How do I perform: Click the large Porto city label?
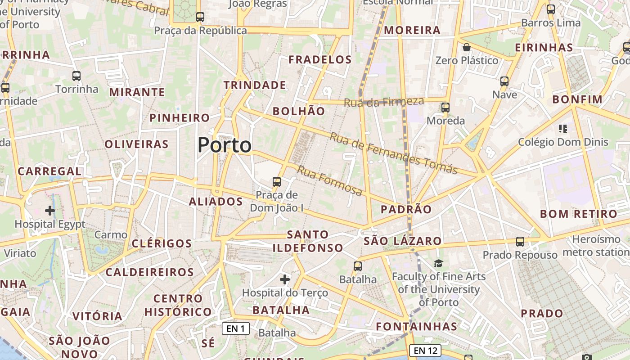225,145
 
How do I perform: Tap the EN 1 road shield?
236,328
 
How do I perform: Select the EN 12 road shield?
425,350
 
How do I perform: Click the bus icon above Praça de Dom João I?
277,182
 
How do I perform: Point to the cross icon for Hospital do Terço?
285,279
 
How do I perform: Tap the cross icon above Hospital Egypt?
50,210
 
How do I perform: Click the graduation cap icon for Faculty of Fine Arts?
438,263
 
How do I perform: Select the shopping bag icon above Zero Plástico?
467,47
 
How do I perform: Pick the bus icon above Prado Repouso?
520,242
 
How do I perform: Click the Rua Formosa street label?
330,181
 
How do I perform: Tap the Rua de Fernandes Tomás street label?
394,153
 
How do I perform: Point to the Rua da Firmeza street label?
384,102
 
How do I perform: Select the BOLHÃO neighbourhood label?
299,111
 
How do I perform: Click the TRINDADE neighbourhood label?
255,85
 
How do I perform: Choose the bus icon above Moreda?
445,108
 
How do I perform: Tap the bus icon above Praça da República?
200,17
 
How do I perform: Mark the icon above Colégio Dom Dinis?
562,129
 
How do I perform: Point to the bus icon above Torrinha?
76,76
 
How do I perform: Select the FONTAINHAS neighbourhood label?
416,326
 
